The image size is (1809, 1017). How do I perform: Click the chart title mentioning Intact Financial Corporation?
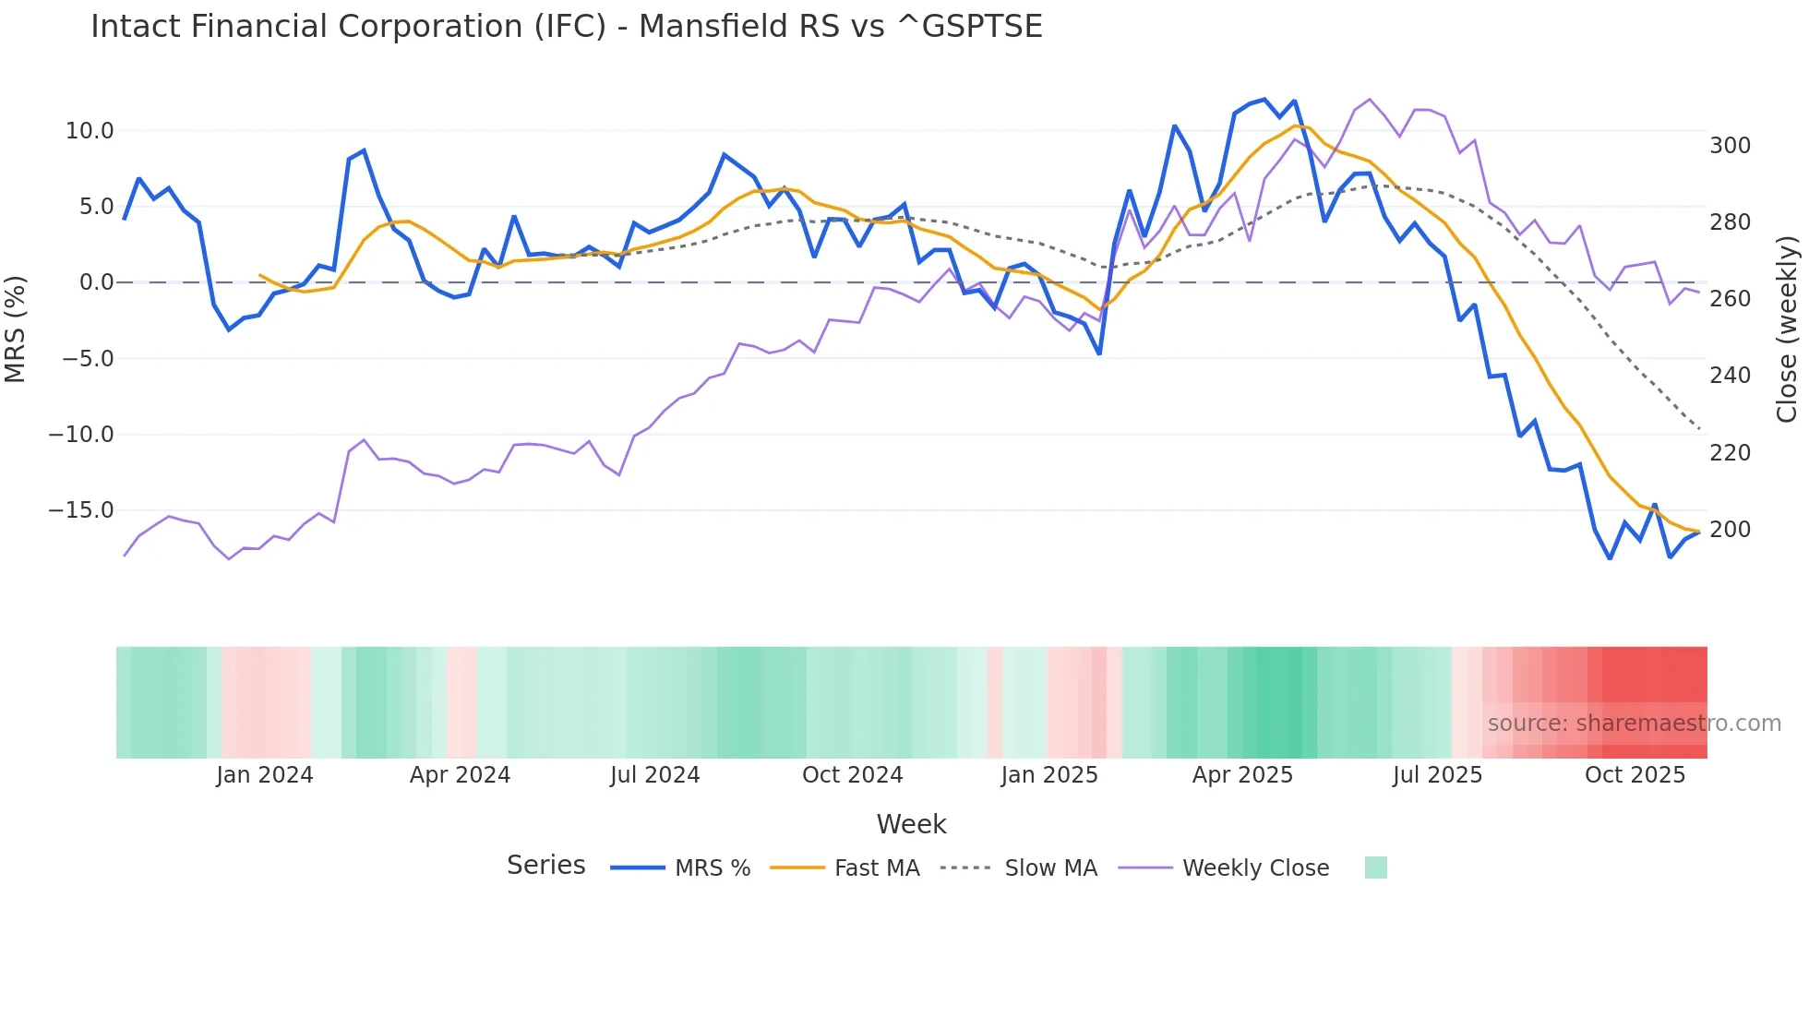(x=566, y=27)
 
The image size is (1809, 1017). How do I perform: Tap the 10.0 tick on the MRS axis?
(x=90, y=131)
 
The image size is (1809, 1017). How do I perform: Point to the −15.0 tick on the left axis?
(x=81, y=510)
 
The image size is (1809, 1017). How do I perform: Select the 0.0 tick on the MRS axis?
(x=96, y=282)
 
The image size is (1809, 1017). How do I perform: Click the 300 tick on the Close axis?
(x=1730, y=146)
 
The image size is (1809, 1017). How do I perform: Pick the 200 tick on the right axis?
(x=1730, y=530)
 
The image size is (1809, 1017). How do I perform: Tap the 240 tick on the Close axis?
(x=1730, y=376)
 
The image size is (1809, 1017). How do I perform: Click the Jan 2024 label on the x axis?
(x=265, y=775)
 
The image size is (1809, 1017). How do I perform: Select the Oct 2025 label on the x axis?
(x=1635, y=775)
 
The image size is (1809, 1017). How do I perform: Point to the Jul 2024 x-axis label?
(x=654, y=775)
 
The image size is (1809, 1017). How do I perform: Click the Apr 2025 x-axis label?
(x=1242, y=775)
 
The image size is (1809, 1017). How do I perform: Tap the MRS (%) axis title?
(x=16, y=329)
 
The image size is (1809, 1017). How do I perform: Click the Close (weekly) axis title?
(x=1787, y=329)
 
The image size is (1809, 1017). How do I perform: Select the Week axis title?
(x=911, y=824)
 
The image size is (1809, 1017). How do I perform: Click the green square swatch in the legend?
(x=1375, y=867)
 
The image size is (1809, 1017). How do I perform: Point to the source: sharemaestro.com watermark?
(x=1634, y=724)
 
